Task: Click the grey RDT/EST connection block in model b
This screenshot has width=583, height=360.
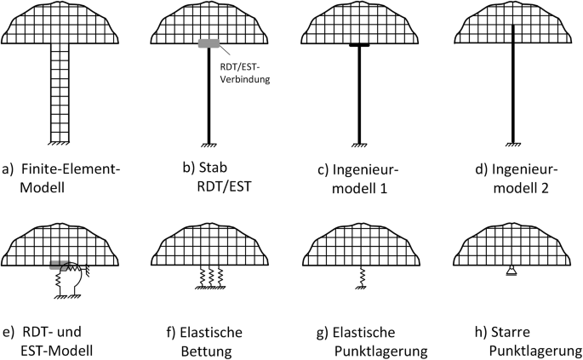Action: coord(209,43)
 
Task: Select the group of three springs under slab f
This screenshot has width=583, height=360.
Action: coord(210,274)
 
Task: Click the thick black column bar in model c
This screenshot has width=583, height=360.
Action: coord(362,94)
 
